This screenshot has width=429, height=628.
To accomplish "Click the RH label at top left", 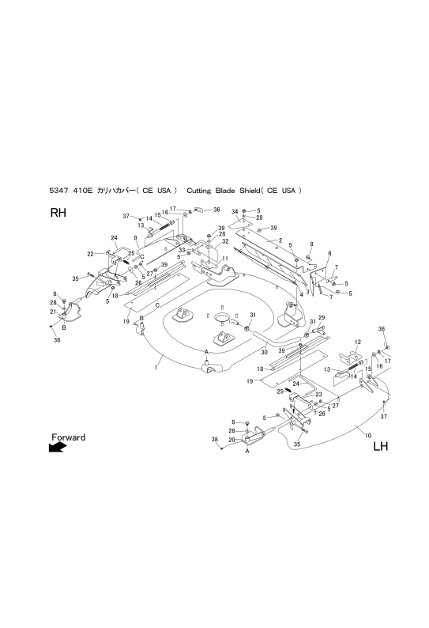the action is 58,213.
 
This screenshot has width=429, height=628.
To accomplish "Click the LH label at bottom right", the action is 380,446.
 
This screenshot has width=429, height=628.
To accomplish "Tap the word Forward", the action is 69,437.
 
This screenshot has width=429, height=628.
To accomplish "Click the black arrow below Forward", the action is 58,447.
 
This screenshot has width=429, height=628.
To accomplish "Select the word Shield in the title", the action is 250,191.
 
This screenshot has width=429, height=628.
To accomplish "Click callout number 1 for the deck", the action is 156,367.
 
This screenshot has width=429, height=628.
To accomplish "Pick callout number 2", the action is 280,240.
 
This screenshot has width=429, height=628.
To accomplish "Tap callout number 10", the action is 368,435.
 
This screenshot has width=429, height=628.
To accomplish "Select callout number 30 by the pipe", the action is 264,353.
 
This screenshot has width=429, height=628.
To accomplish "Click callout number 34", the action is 235,211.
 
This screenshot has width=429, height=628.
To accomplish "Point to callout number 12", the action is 358,342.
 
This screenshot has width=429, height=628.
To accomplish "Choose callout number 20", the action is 231,440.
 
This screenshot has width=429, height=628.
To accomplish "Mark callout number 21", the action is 53,312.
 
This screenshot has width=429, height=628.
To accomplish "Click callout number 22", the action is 90,254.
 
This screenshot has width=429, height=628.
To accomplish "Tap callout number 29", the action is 322,318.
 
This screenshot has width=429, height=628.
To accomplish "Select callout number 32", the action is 225,241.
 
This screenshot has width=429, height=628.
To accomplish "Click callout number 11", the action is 225,259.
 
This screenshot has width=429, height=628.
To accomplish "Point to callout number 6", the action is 329,253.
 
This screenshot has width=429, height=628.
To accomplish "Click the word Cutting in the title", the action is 199,191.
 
